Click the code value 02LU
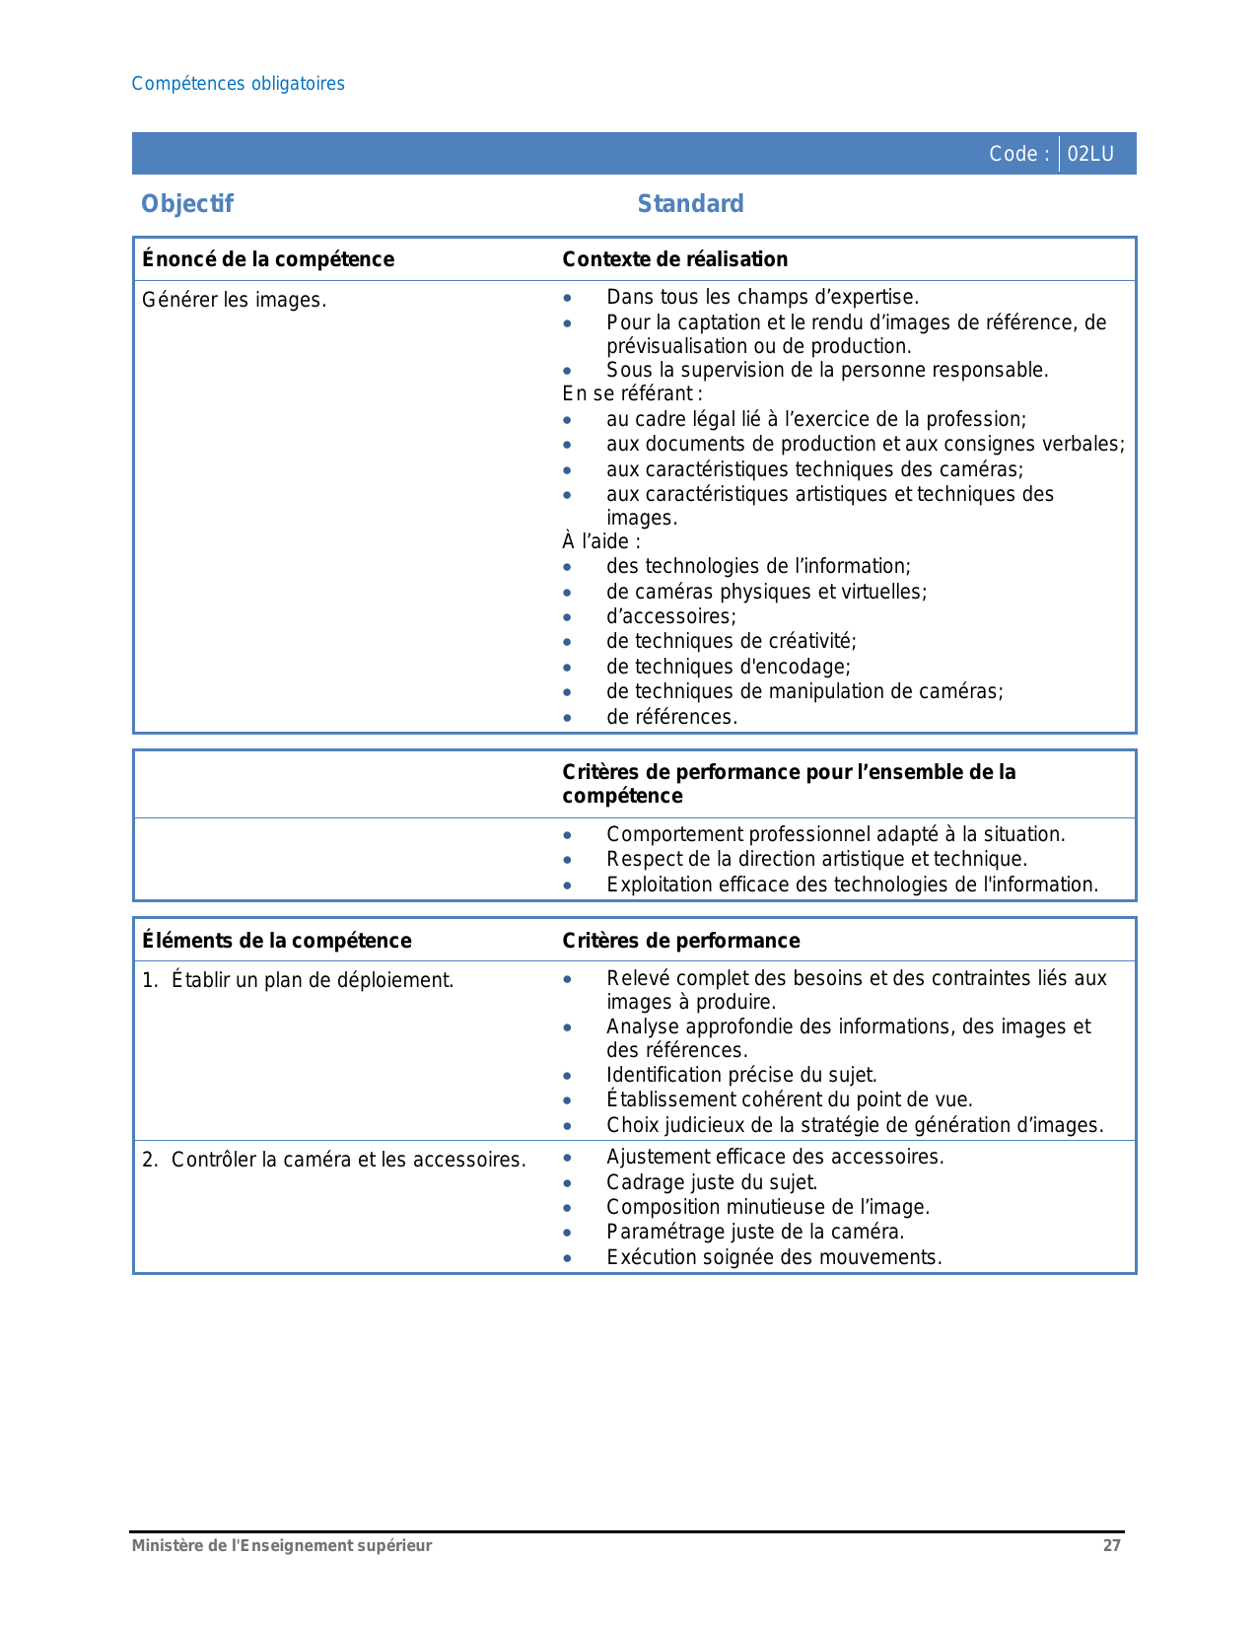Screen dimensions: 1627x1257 point(1090,154)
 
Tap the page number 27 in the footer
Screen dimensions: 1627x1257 point(1111,1545)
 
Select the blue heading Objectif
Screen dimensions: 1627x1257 point(187,204)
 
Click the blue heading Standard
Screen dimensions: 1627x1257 point(690,204)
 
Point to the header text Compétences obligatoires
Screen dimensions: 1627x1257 point(238,84)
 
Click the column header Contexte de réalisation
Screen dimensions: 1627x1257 point(674,259)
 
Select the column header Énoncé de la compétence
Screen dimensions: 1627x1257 point(268,259)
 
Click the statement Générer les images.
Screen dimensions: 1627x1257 point(234,300)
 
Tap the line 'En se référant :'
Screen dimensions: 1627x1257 point(632,394)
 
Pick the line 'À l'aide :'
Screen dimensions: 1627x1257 point(601,541)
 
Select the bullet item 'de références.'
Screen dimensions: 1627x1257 point(671,717)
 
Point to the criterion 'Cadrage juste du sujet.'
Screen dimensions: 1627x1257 point(712,1182)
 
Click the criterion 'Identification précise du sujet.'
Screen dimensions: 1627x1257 point(741,1075)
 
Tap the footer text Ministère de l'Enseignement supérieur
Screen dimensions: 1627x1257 point(282,1545)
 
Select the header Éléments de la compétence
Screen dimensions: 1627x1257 point(277,941)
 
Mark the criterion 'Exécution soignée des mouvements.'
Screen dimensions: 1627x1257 point(774,1257)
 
